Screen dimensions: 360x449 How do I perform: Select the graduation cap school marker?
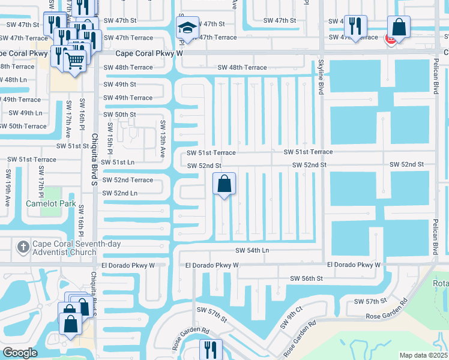coord(187,28)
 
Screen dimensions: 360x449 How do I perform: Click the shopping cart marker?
coord(74,60)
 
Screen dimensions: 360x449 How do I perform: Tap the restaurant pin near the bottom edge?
coord(210,349)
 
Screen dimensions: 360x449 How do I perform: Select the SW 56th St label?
coord(306,278)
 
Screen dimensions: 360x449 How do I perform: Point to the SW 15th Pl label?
coord(110,139)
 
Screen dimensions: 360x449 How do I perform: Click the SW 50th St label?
coord(119,114)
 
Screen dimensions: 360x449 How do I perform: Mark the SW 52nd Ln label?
coord(120,193)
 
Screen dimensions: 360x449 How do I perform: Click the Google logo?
coord(20,353)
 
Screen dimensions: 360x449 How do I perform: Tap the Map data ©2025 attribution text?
coord(423,355)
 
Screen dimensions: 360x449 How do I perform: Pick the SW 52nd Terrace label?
coord(128,179)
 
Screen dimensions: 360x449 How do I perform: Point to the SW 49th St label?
coord(119,85)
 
